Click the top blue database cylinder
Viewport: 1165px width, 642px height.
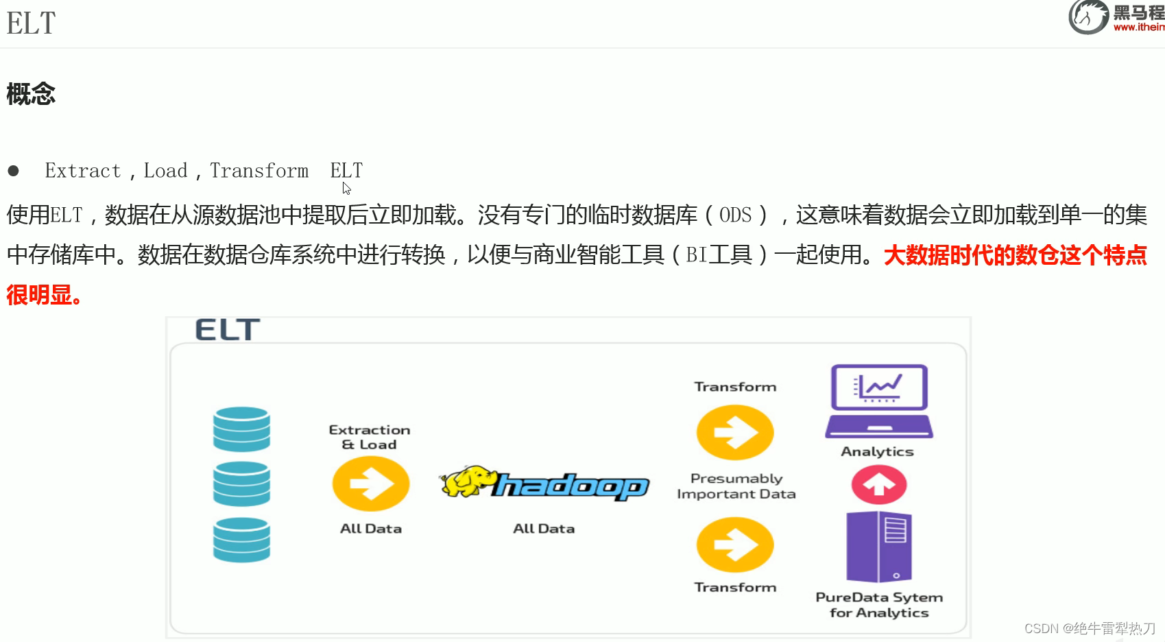[x=241, y=429]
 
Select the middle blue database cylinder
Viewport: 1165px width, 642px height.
[x=241, y=484]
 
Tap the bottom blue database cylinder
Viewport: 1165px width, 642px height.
[x=241, y=539]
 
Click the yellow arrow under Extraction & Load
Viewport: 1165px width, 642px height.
[x=371, y=484]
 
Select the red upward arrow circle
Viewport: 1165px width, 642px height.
[x=879, y=484]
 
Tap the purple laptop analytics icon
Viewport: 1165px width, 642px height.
[x=879, y=401]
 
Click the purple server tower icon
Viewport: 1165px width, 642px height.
[x=879, y=547]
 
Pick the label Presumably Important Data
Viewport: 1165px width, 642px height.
[x=736, y=486]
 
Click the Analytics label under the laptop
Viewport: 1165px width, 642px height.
[x=877, y=451]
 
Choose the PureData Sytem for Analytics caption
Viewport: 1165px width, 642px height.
[x=879, y=605]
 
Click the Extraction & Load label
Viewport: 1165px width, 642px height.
[x=370, y=437]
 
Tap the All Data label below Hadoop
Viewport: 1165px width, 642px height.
[x=544, y=529]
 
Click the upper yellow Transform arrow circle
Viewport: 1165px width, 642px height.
[x=735, y=433]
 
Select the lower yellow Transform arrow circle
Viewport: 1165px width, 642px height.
[x=735, y=545]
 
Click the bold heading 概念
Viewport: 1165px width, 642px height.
[x=31, y=94]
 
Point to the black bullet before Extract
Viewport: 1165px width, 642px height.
[x=13, y=171]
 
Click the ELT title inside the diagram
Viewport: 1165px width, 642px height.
[x=227, y=330]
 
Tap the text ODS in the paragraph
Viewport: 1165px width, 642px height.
[x=735, y=215]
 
